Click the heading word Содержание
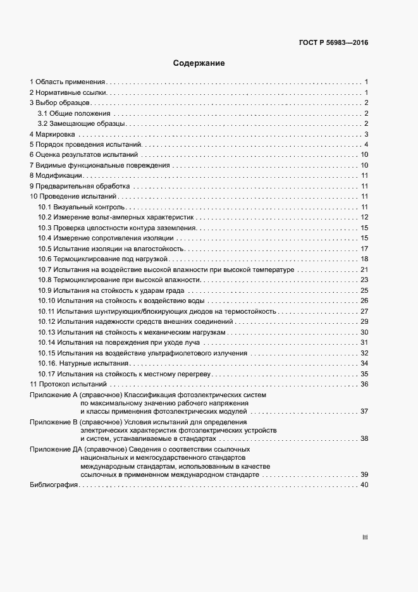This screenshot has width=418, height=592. [199, 63]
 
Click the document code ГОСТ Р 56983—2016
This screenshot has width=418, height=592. [333, 43]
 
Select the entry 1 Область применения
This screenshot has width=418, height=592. [68, 82]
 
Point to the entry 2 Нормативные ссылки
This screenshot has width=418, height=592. [68, 93]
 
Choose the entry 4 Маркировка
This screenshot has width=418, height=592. [53, 134]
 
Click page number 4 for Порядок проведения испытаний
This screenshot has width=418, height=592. [366, 145]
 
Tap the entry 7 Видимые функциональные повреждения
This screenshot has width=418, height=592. [100, 166]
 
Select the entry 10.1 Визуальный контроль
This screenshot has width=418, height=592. [83, 207]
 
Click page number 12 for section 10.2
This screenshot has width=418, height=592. [364, 218]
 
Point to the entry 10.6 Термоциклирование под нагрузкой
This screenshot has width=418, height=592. [102, 259]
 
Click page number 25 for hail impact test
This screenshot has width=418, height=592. [364, 290]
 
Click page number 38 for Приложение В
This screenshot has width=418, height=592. [364, 438]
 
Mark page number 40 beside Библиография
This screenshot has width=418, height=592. [364, 485]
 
